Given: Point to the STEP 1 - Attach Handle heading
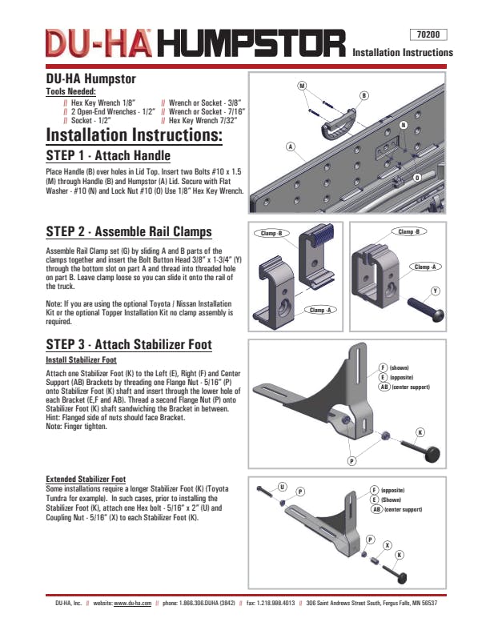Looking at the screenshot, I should tap(108, 155).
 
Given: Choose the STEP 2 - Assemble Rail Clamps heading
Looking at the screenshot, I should tap(129, 232).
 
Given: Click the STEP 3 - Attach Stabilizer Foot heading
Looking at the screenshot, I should tap(129, 345).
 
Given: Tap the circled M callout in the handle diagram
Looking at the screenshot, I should tap(302, 86).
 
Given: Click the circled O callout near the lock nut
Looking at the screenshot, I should tap(417, 177).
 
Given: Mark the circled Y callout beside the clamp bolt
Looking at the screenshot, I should tap(436, 290).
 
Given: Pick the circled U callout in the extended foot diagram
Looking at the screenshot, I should tap(283, 486).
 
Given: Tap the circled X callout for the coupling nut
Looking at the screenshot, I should tap(388, 544).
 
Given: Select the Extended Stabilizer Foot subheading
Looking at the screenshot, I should tap(86, 479).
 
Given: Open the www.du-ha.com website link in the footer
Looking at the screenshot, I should tap(132, 603).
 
